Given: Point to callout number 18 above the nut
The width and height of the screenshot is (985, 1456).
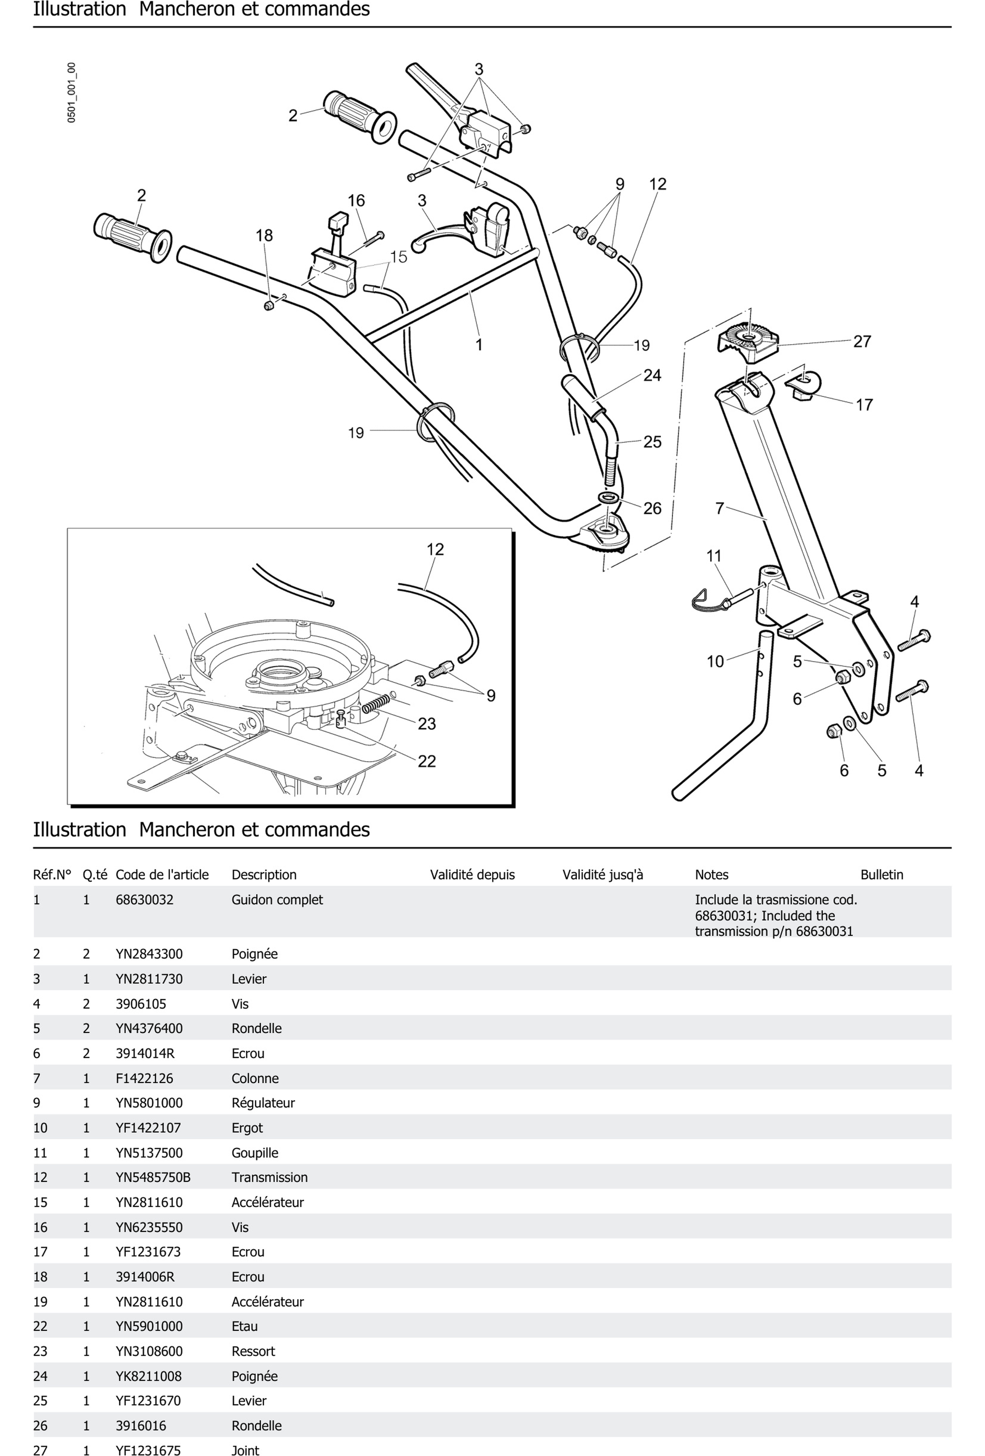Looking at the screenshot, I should pyautogui.click(x=264, y=236).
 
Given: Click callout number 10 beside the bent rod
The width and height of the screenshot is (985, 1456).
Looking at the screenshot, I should pyautogui.click(x=715, y=662).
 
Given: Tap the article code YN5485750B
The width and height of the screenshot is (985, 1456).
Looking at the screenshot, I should pyautogui.click(x=153, y=1177).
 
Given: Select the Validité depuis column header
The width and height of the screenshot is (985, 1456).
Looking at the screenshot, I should pyautogui.click(x=472, y=875).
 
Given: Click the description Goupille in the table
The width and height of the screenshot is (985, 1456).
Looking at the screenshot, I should pyautogui.click(x=254, y=1153).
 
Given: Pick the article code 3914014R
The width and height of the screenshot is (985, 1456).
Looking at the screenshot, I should pyautogui.click(x=145, y=1053).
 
